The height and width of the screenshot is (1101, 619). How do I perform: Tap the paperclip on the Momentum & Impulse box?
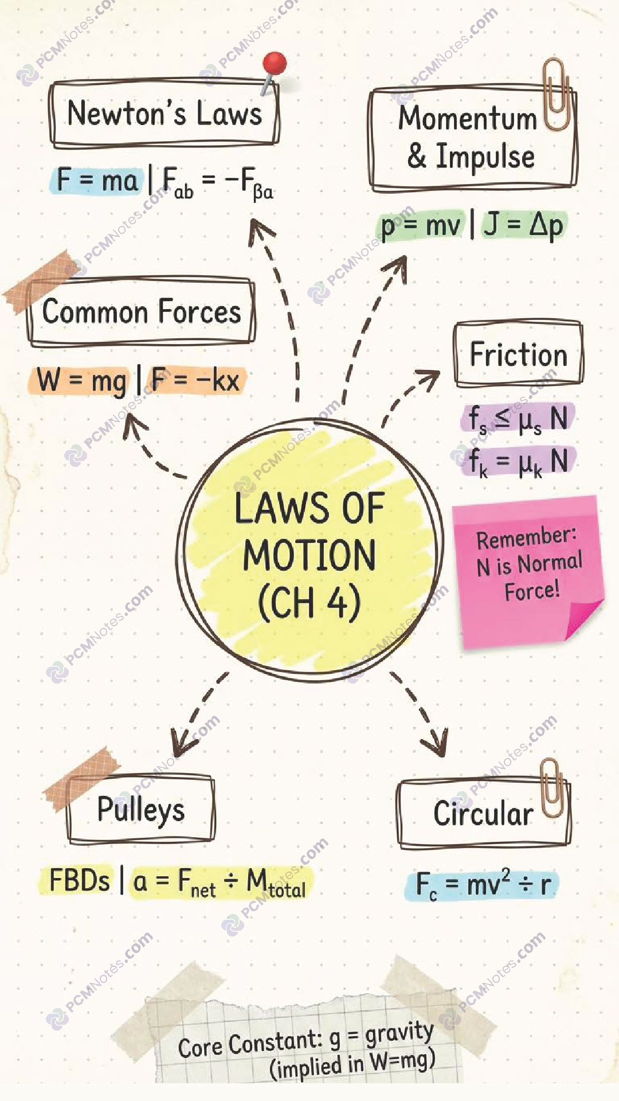click(x=557, y=95)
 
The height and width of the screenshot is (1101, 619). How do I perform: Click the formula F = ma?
click(x=97, y=181)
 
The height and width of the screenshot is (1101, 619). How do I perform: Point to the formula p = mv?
click(x=421, y=225)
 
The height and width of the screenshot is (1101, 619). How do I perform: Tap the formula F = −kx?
click(x=195, y=380)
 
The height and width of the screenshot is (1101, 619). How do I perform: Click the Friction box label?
click(x=519, y=354)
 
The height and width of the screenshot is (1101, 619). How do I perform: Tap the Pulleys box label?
click(x=141, y=810)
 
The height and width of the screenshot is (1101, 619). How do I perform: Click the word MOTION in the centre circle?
click(x=309, y=555)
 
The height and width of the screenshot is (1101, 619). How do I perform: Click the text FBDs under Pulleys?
click(x=80, y=880)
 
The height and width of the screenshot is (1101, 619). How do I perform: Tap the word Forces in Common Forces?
click(x=199, y=312)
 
